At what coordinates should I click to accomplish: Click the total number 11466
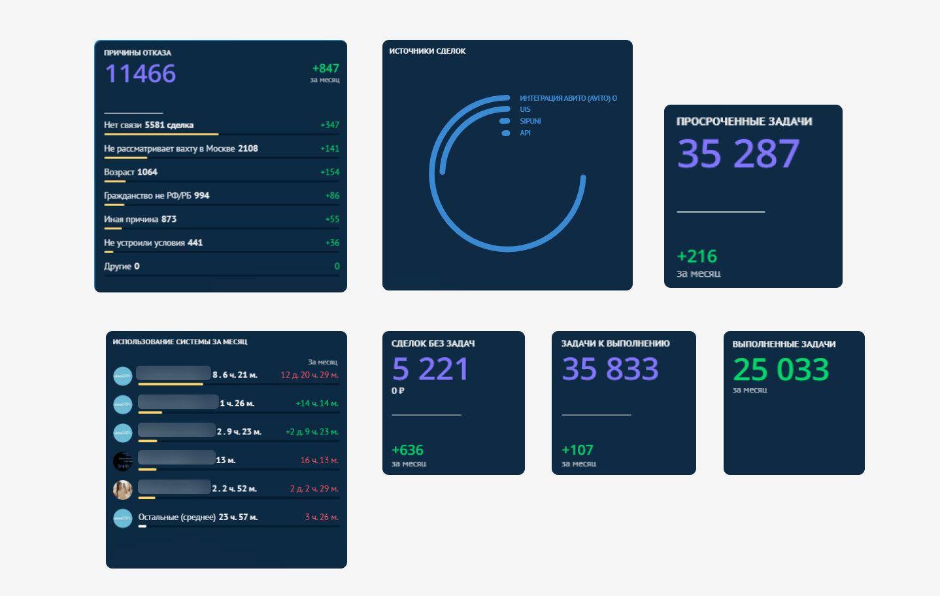[141, 74]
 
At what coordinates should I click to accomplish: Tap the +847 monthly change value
[326, 69]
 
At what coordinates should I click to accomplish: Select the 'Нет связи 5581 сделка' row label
[148, 125]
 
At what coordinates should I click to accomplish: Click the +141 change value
[329, 149]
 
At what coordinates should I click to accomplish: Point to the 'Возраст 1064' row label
[131, 172]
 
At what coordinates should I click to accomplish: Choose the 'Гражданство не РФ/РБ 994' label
[156, 196]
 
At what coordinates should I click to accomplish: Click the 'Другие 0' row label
[122, 266]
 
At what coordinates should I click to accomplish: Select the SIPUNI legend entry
[530, 121]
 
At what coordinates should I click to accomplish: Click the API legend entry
[525, 133]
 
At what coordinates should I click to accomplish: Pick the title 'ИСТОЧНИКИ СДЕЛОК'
[428, 51]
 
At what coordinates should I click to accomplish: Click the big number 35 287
[738, 154]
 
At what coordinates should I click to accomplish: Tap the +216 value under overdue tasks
[697, 256]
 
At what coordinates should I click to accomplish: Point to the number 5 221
[430, 370]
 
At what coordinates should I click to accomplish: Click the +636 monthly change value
[407, 450]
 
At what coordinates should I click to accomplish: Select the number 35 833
[610, 370]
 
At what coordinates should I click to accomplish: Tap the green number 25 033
[781, 370]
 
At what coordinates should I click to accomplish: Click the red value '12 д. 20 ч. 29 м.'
[309, 375]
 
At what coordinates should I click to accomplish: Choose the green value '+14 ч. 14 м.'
[317, 404]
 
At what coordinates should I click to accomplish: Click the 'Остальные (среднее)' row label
[177, 517]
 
